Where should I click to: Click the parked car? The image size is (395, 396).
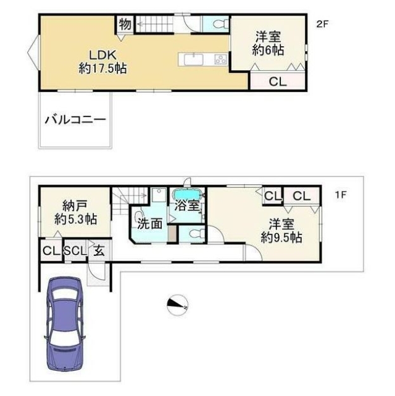[x=65, y=324]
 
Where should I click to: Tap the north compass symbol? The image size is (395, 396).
[x=177, y=305]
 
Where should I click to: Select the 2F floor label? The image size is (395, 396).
[x=322, y=24]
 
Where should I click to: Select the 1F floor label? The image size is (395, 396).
[x=341, y=195]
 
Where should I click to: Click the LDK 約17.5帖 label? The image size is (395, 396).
[x=102, y=62]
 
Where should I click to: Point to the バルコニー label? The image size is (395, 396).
[x=75, y=120]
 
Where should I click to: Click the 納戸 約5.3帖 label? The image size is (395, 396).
[x=75, y=213]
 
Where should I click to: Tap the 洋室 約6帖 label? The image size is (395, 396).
[x=268, y=43]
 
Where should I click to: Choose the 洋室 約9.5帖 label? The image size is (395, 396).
[x=281, y=231]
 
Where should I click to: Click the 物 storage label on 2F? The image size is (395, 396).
[x=125, y=24]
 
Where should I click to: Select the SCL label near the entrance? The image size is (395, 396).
[x=75, y=251]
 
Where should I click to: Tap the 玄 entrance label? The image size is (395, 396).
[x=99, y=251]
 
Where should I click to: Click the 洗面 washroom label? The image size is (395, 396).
[x=149, y=223]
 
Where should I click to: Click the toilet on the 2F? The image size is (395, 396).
[x=220, y=24]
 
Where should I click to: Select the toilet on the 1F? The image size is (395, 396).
[x=196, y=234]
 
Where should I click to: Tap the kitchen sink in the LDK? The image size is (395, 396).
[x=193, y=60]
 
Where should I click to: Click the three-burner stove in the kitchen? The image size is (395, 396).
[x=220, y=60]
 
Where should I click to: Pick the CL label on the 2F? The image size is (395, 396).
[x=278, y=82]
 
